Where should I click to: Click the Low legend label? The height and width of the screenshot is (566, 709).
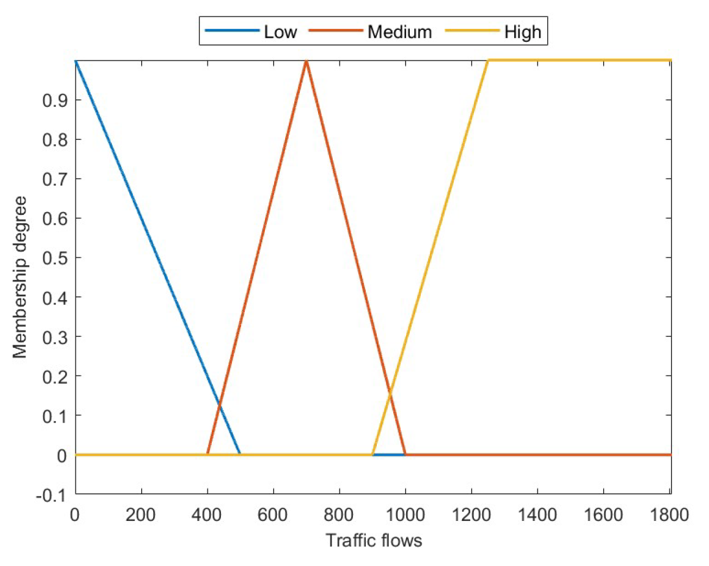click(x=280, y=31)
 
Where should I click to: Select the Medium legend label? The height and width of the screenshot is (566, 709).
click(x=400, y=31)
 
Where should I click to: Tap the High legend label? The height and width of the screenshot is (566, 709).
click(x=523, y=31)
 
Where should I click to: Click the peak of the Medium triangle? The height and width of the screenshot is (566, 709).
click(x=307, y=61)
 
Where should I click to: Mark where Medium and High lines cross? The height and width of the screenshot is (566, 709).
click(x=390, y=391)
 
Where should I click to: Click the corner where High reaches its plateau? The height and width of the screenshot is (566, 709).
click(x=488, y=60)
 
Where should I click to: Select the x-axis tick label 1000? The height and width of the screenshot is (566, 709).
click(x=405, y=514)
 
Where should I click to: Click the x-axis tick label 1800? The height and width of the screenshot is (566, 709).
click(x=669, y=514)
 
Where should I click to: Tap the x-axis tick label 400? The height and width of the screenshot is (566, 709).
click(x=207, y=514)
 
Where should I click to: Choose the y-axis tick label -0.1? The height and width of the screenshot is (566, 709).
click(x=51, y=495)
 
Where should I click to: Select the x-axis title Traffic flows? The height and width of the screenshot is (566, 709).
click(x=374, y=540)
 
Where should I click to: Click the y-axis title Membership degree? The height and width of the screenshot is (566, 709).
click(x=20, y=277)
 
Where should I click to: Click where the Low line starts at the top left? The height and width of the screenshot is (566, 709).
click(x=76, y=61)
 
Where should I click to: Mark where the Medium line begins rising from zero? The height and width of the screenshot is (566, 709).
click(x=207, y=454)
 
